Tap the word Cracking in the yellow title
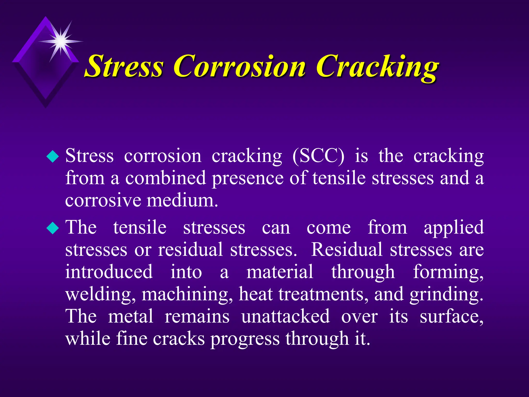[377, 66]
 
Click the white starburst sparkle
[61, 41]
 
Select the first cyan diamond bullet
[53, 156]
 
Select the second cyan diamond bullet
[53, 228]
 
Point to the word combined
[165, 178]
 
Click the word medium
[182, 201]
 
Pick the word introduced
[109, 272]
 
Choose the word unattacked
[285, 316]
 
